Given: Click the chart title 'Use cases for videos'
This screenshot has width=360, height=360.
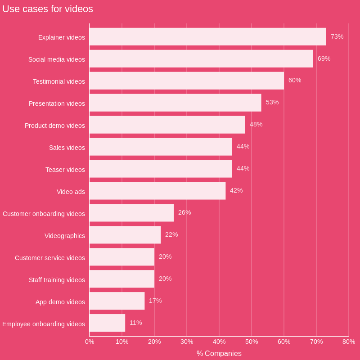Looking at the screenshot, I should pyautogui.click(x=48, y=9).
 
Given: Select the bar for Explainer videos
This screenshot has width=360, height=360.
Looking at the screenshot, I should pyautogui.click(x=207, y=36).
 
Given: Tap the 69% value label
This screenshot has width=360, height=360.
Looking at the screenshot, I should pyautogui.click(x=324, y=58).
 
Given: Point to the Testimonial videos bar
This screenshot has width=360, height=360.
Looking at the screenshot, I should pyautogui.click(x=186, y=81).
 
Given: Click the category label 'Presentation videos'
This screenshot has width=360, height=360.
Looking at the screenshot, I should pyautogui.click(x=57, y=103).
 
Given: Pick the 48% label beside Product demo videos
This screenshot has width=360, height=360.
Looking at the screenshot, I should pyautogui.click(x=256, y=124).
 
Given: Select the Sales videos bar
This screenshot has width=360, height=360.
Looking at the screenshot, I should pyautogui.click(x=161, y=147).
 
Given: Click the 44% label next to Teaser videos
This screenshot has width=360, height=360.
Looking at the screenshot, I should pyautogui.click(x=243, y=168).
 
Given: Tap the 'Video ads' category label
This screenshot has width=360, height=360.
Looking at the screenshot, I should pyautogui.click(x=71, y=192).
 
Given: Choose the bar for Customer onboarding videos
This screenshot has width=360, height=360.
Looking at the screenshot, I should pyautogui.click(x=131, y=213).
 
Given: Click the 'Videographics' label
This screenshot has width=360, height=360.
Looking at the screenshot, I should pyautogui.click(x=65, y=236).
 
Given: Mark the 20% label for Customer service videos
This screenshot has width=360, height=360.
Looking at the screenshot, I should pyautogui.click(x=165, y=256).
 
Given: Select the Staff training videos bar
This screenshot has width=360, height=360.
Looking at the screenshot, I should pyautogui.click(x=122, y=279).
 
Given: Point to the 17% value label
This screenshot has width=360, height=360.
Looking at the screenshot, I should pyautogui.click(x=155, y=301).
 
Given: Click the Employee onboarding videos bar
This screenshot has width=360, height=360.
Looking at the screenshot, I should pyautogui.click(x=107, y=323).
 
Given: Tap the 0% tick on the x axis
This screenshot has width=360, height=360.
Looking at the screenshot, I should pyautogui.click(x=90, y=342).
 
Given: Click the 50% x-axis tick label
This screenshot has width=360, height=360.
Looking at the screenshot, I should pyautogui.click(x=252, y=342).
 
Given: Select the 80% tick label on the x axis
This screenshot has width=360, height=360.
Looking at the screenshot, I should pyautogui.click(x=349, y=342).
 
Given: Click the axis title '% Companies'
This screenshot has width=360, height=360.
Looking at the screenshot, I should pyautogui.click(x=219, y=354).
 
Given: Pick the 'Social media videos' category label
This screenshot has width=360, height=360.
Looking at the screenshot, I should pyautogui.click(x=57, y=59).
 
